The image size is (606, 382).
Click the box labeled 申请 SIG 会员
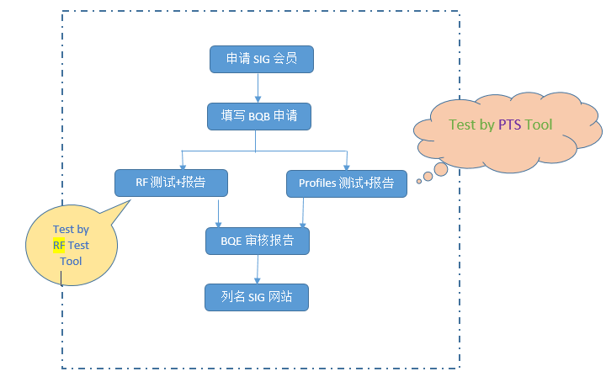pos(259,60)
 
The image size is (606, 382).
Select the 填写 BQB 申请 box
pos(259,117)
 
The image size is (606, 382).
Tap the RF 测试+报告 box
pos(171,182)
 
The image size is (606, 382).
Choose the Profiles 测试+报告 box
pos(346,183)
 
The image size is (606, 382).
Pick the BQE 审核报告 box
pos(258,241)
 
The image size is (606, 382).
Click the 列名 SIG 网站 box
pos(257,297)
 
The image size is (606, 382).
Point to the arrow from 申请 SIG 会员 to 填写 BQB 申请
pos(258,88)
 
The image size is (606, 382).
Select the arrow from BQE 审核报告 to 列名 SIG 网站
pos(257,268)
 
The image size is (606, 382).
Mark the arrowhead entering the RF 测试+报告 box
pos(182,165)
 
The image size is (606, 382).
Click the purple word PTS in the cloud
pos(509,125)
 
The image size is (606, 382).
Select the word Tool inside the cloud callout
pos(539,125)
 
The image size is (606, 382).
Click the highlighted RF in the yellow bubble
pos(59,246)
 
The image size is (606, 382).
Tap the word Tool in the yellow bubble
pos(71,261)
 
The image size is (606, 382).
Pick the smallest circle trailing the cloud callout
pos(418,181)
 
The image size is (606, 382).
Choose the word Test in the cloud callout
pos(462,125)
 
